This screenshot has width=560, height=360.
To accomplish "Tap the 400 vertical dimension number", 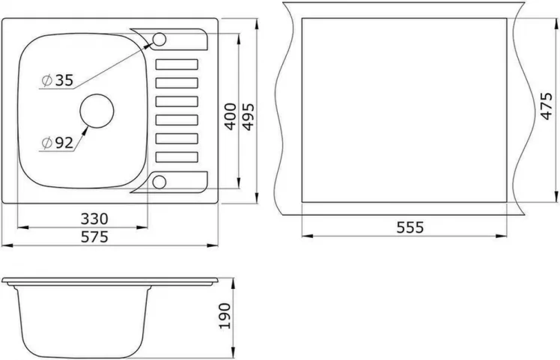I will [x=231, y=116].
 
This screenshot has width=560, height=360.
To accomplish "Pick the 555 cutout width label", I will [x=410, y=228].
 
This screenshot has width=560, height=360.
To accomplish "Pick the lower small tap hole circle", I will [x=160, y=180].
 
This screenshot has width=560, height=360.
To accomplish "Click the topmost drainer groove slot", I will [x=177, y=64].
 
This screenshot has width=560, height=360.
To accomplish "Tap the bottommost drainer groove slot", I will [x=177, y=156].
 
